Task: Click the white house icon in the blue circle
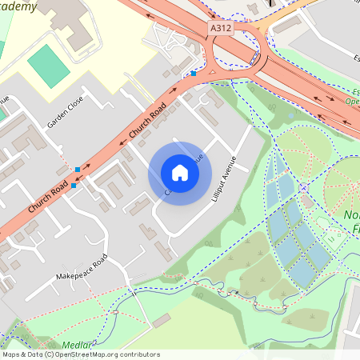click(x=179, y=172)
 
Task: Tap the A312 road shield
click(x=221, y=28)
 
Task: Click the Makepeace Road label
click(x=81, y=270)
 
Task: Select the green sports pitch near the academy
click(x=53, y=66)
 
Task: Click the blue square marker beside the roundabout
click(x=194, y=74)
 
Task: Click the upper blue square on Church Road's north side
click(x=77, y=170)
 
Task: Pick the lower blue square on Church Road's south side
click(x=74, y=186)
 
